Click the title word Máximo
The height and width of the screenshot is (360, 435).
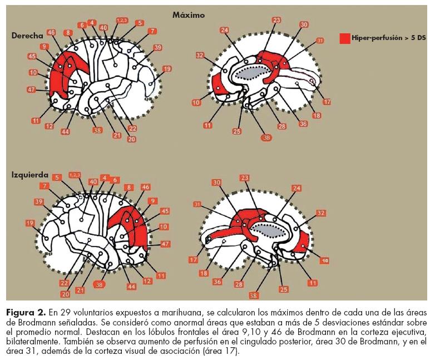188,15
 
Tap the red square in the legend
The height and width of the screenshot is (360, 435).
344,38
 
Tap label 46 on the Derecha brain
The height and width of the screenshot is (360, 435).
52,33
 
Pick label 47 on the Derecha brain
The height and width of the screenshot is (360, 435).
31,89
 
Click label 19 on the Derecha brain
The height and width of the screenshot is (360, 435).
166,69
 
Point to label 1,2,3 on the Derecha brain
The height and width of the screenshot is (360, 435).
121,21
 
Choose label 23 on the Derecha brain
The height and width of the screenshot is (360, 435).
276,21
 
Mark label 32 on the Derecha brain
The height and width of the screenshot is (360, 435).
200,55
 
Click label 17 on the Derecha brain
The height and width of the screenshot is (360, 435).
327,102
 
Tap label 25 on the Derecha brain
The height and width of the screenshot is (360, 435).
237,131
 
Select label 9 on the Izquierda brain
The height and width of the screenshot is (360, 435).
153,200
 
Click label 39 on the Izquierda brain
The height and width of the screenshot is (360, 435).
38,201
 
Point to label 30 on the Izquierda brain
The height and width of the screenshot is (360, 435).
216,183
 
